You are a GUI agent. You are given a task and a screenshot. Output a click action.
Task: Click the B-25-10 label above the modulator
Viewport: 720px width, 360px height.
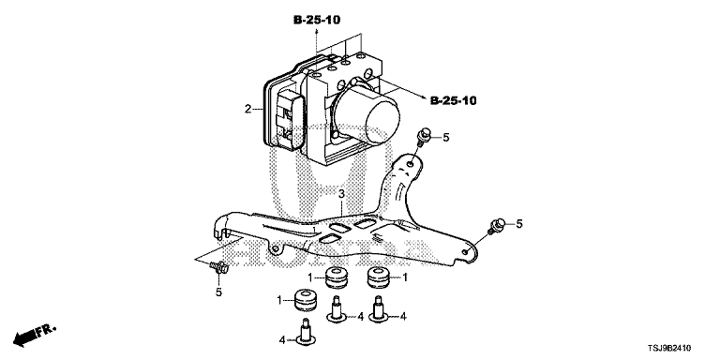(317, 20)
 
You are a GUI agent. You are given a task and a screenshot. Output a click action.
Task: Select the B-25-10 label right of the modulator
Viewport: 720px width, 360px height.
(453, 100)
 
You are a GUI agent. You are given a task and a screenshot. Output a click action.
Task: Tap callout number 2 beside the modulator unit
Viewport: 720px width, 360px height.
(247, 110)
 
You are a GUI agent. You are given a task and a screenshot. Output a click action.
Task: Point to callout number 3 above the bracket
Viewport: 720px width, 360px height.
(341, 194)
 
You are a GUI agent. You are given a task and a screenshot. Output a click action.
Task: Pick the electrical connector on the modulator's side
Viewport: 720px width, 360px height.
(290, 118)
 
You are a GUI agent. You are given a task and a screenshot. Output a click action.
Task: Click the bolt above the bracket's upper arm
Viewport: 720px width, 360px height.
(423, 136)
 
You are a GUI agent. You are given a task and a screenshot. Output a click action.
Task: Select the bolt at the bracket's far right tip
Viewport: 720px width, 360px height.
(496, 226)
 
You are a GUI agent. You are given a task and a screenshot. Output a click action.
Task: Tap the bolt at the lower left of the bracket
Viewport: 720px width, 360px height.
(219, 266)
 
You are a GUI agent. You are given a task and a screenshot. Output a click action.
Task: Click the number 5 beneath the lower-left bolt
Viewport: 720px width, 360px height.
(218, 292)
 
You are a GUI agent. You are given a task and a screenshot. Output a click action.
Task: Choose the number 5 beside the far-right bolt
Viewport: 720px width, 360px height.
(519, 224)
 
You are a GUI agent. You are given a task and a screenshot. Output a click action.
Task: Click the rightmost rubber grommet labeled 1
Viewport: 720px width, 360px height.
(379, 277)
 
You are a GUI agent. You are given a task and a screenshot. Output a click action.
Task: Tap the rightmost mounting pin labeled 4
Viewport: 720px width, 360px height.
(379, 309)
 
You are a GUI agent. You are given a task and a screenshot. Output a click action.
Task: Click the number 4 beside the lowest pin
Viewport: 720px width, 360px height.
(282, 340)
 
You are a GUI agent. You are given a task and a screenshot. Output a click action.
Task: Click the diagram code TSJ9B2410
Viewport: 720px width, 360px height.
(669, 349)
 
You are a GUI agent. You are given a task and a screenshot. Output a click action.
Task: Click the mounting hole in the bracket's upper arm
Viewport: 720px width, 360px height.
(410, 162)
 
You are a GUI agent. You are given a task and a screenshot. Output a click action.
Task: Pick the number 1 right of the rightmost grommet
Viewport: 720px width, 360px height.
(405, 277)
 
